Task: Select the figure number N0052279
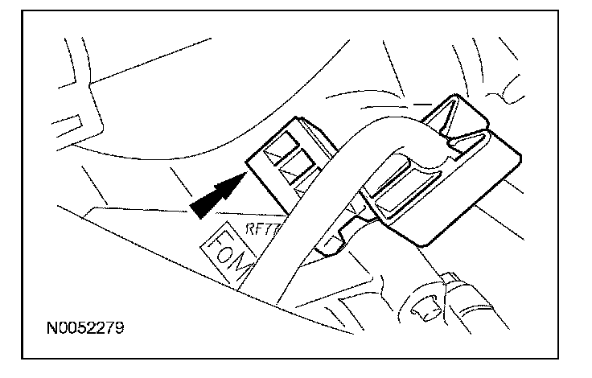point(84,329)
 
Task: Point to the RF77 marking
point(262,228)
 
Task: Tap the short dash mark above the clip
point(421,104)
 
